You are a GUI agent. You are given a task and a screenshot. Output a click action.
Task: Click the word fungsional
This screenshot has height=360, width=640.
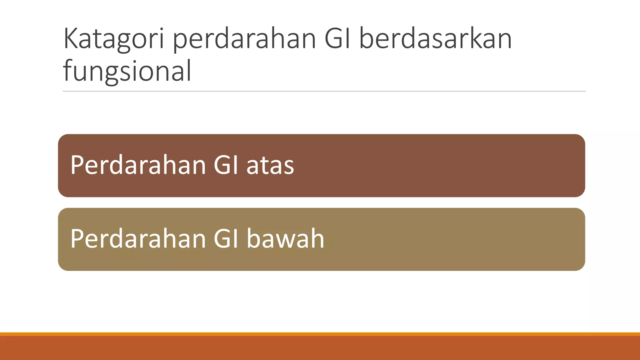pyautogui.click(x=127, y=71)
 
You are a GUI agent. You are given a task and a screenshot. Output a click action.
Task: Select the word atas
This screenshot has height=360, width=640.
pyautogui.click(x=270, y=166)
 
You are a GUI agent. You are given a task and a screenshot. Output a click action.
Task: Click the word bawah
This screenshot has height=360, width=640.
pyautogui.click(x=285, y=239)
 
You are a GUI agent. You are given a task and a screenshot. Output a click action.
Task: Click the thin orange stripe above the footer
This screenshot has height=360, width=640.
pyautogui.click(x=320, y=334)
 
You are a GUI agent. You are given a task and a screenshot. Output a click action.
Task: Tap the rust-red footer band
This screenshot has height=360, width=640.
pyautogui.click(x=320, y=348)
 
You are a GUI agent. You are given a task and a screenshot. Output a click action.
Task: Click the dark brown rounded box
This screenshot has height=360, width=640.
pyautogui.click(x=437, y=166)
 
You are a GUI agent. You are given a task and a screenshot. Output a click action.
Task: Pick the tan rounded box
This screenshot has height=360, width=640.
pyautogui.click(x=437, y=239)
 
